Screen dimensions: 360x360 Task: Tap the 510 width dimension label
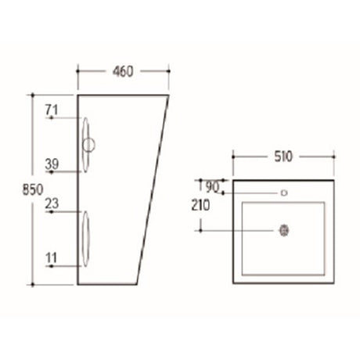tap(283, 157)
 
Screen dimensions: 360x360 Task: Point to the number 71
tap(52, 110)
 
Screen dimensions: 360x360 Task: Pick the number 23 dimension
tap(52, 203)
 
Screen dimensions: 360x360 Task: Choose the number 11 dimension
tap(52, 256)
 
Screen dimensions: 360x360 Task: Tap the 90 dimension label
tap(211, 187)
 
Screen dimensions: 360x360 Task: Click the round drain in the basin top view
tap(283, 230)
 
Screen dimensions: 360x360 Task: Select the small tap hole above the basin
tap(283, 192)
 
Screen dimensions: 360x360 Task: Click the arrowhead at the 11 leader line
tap(50, 266)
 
